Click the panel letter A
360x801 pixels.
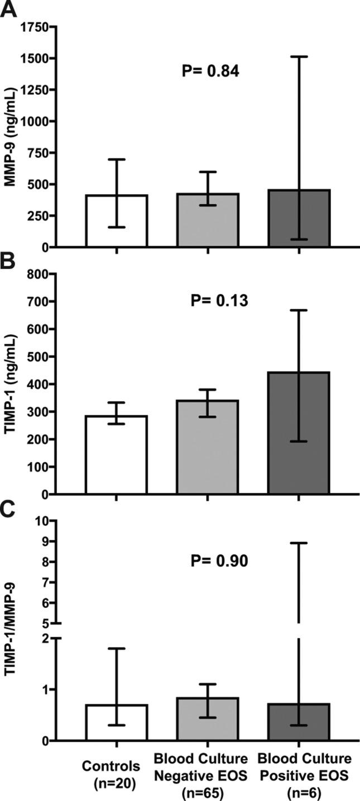(8, 9)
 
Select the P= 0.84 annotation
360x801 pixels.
(212, 71)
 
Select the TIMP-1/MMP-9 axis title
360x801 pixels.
(10, 631)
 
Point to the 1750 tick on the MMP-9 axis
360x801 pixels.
(35, 28)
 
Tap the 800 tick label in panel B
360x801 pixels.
(39, 274)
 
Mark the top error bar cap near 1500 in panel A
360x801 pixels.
(299, 57)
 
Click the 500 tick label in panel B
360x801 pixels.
(39, 357)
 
